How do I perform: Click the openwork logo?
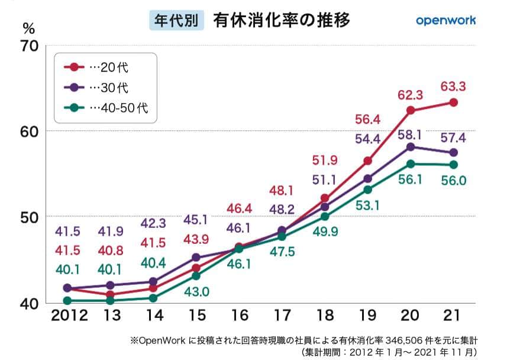click(445, 20)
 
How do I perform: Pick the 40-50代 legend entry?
click(110, 108)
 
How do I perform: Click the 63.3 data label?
click(453, 86)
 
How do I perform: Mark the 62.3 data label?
click(411, 94)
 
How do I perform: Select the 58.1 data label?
click(411, 134)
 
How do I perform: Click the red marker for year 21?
click(453, 102)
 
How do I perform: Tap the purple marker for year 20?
click(411, 146)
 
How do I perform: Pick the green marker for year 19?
click(367, 189)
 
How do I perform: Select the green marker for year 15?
click(196, 276)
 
